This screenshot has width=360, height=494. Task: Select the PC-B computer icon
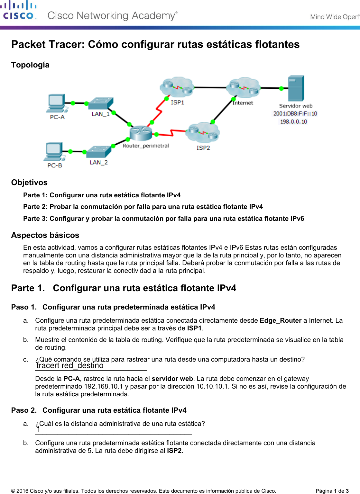click(x=54, y=151)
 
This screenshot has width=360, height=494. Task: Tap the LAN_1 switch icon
click(x=101, y=104)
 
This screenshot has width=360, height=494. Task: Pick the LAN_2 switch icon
click(x=99, y=152)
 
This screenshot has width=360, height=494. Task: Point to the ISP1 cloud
click(x=177, y=87)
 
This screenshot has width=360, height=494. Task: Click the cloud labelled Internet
click(x=244, y=87)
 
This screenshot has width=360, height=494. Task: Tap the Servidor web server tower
click(x=296, y=88)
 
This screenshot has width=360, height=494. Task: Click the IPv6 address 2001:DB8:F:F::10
click(x=295, y=113)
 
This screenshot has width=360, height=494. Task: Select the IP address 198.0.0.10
click(x=293, y=121)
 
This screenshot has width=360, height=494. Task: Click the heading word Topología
click(x=30, y=65)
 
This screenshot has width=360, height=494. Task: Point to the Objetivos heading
click(x=29, y=183)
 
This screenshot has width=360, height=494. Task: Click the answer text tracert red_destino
click(x=70, y=366)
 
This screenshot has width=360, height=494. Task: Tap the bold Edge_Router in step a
click(x=281, y=320)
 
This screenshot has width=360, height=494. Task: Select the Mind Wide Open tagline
click(x=334, y=17)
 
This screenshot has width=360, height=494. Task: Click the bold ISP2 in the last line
click(x=174, y=451)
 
